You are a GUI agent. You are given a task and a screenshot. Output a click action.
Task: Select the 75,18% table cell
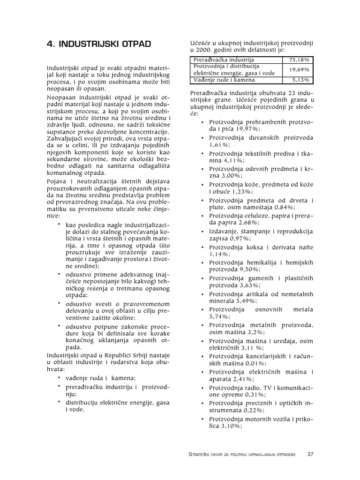(298, 60)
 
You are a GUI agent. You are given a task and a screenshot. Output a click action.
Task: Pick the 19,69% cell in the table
(298, 69)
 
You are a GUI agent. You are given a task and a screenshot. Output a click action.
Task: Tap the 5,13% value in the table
(298, 80)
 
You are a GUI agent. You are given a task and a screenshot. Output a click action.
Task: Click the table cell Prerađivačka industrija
(224, 60)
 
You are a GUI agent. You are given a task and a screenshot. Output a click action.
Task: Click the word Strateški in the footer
(200, 455)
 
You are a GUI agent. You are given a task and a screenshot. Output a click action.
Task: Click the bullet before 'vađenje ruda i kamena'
(59, 377)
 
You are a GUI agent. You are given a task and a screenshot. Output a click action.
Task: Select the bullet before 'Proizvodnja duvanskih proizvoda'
(202, 138)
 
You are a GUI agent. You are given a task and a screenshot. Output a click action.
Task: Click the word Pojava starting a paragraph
(56, 180)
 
